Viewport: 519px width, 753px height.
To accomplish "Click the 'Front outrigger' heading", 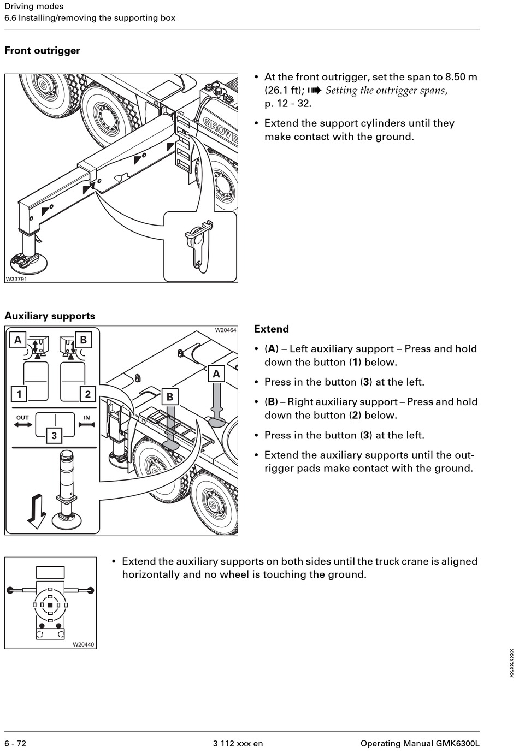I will tap(42, 51).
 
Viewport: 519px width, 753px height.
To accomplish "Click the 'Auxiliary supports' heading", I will tap(50, 316).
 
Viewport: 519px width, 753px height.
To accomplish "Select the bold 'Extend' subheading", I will tap(272, 329).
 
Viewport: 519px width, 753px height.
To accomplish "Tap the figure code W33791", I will tap(16, 279).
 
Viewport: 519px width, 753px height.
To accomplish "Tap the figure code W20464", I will tap(226, 330).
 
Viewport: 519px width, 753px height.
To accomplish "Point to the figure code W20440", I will tap(84, 644).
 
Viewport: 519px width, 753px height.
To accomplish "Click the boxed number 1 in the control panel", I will tap(20, 394).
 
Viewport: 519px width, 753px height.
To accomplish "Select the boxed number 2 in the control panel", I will tap(87, 394).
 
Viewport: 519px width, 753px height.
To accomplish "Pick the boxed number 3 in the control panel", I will tap(54, 435).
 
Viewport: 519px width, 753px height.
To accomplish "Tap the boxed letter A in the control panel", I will tap(18, 340).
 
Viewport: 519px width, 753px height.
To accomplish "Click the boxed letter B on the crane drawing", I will tap(170, 397).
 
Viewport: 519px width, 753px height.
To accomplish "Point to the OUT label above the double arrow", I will tap(22, 418).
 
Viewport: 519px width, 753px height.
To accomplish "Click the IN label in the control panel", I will tap(87, 418).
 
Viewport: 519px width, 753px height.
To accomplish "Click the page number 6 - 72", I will tap(15, 743).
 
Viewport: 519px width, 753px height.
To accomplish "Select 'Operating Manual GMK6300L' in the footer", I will tap(420, 743).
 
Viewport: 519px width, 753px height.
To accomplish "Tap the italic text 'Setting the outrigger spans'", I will tap(385, 91).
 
